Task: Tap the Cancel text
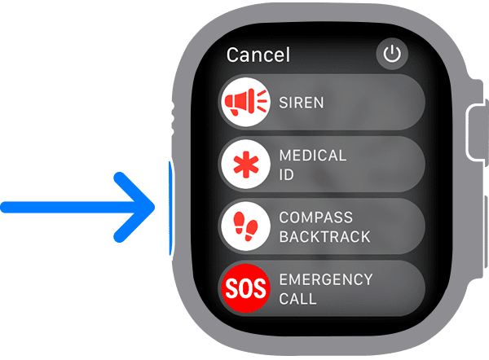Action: coord(258,55)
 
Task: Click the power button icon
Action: coord(392,55)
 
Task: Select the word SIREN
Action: coord(302,103)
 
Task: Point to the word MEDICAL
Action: coord(313,155)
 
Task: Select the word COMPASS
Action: coord(315,218)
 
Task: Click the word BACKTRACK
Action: coord(324,237)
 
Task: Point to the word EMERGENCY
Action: coord(326,280)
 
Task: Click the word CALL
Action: coord(297,299)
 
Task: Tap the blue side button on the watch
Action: coord(170,207)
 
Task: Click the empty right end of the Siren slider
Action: coord(399,103)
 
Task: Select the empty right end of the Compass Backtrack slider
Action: coord(399,227)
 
